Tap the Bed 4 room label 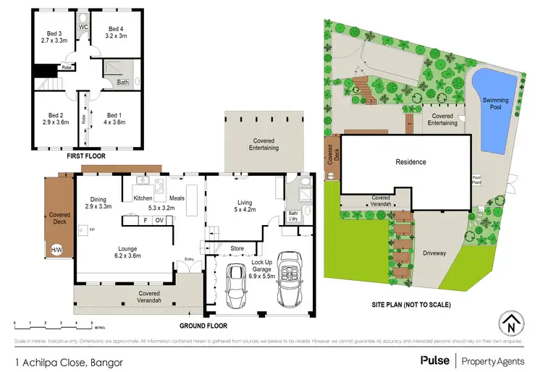[116, 31]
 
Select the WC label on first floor [83, 27]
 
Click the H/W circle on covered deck [56, 250]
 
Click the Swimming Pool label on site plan [496, 103]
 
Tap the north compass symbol [511, 325]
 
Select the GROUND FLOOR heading [203, 326]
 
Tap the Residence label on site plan [410, 162]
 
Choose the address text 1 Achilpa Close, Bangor [63, 360]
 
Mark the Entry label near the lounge [189, 259]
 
